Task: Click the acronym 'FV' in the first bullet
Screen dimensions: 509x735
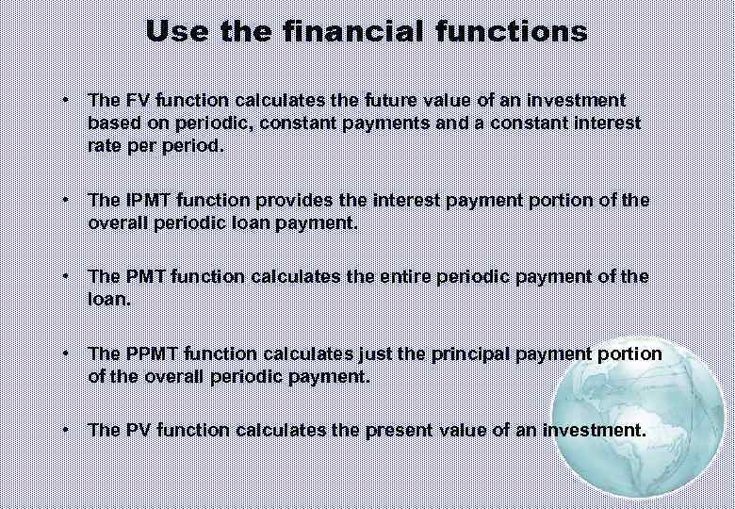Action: point(132,100)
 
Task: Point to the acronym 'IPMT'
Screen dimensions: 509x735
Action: point(143,201)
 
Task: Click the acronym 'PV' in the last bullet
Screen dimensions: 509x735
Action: point(132,430)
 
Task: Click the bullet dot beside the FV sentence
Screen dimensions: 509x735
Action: point(65,100)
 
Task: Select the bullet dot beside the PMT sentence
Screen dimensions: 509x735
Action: point(65,276)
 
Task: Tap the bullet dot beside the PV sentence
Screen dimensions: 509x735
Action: point(65,430)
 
